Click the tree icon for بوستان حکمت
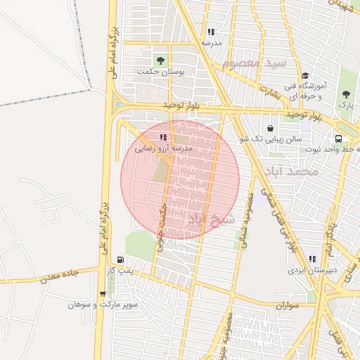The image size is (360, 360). click(x=161, y=60)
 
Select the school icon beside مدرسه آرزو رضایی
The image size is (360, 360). click(x=163, y=138)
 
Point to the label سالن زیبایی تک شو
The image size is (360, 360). click(x=271, y=139)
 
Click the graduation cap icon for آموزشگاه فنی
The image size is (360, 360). click(x=304, y=76)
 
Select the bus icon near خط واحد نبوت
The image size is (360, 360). click(x=338, y=139)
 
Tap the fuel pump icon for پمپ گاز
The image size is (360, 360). click(x=120, y=259)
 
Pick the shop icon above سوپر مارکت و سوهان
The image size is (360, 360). click(x=103, y=294)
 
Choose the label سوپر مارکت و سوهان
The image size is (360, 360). click(x=103, y=305)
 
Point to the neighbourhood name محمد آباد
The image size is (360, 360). click(x=291, y=171)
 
